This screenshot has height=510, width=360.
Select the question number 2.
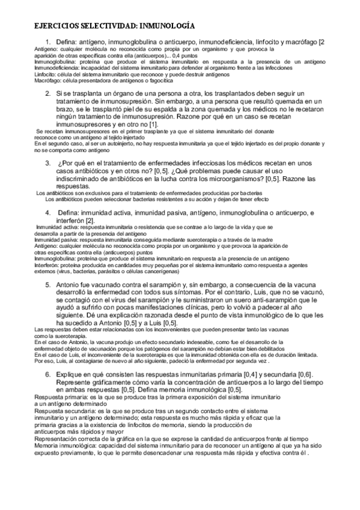[x=48, y=94]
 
